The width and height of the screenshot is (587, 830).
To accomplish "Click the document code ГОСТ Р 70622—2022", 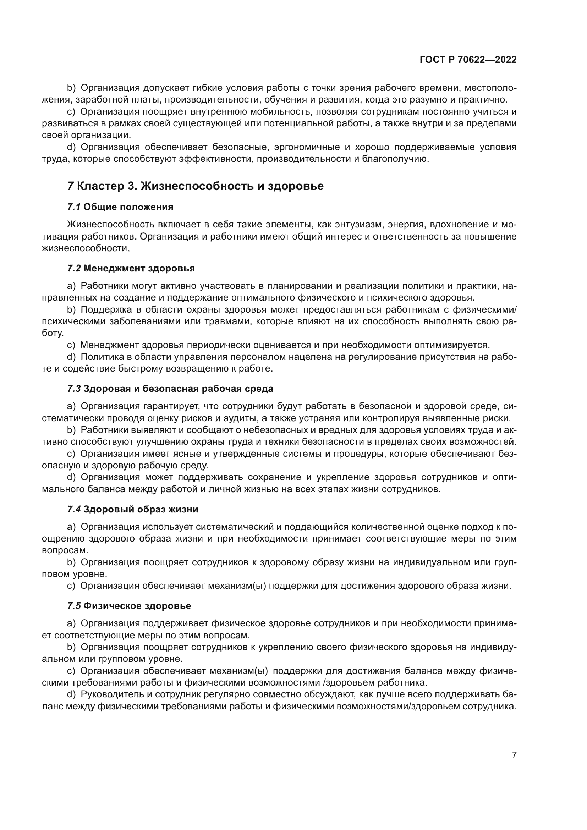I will point(468,60).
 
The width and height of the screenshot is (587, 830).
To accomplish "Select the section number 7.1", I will point(74,207).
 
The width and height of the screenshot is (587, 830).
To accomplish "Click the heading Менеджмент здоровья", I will point(139,268).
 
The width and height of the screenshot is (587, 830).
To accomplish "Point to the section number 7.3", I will point(74,389).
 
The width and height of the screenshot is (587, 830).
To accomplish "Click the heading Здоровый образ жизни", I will point(141,509).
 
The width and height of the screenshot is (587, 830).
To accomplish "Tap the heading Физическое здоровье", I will point(137,606).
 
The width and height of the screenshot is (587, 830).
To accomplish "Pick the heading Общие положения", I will point(128,207).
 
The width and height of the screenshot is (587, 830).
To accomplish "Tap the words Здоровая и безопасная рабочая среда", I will point(178,389).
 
